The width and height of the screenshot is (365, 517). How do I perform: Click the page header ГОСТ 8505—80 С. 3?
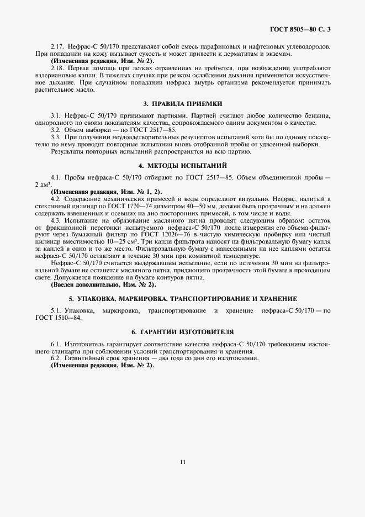(304, 28)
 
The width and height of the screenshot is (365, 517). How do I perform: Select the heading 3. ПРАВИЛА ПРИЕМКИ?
(182, 103)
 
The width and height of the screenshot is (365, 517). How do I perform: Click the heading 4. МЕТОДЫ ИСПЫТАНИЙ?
(182, 165)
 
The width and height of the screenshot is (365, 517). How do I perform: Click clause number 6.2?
(55, 358)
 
